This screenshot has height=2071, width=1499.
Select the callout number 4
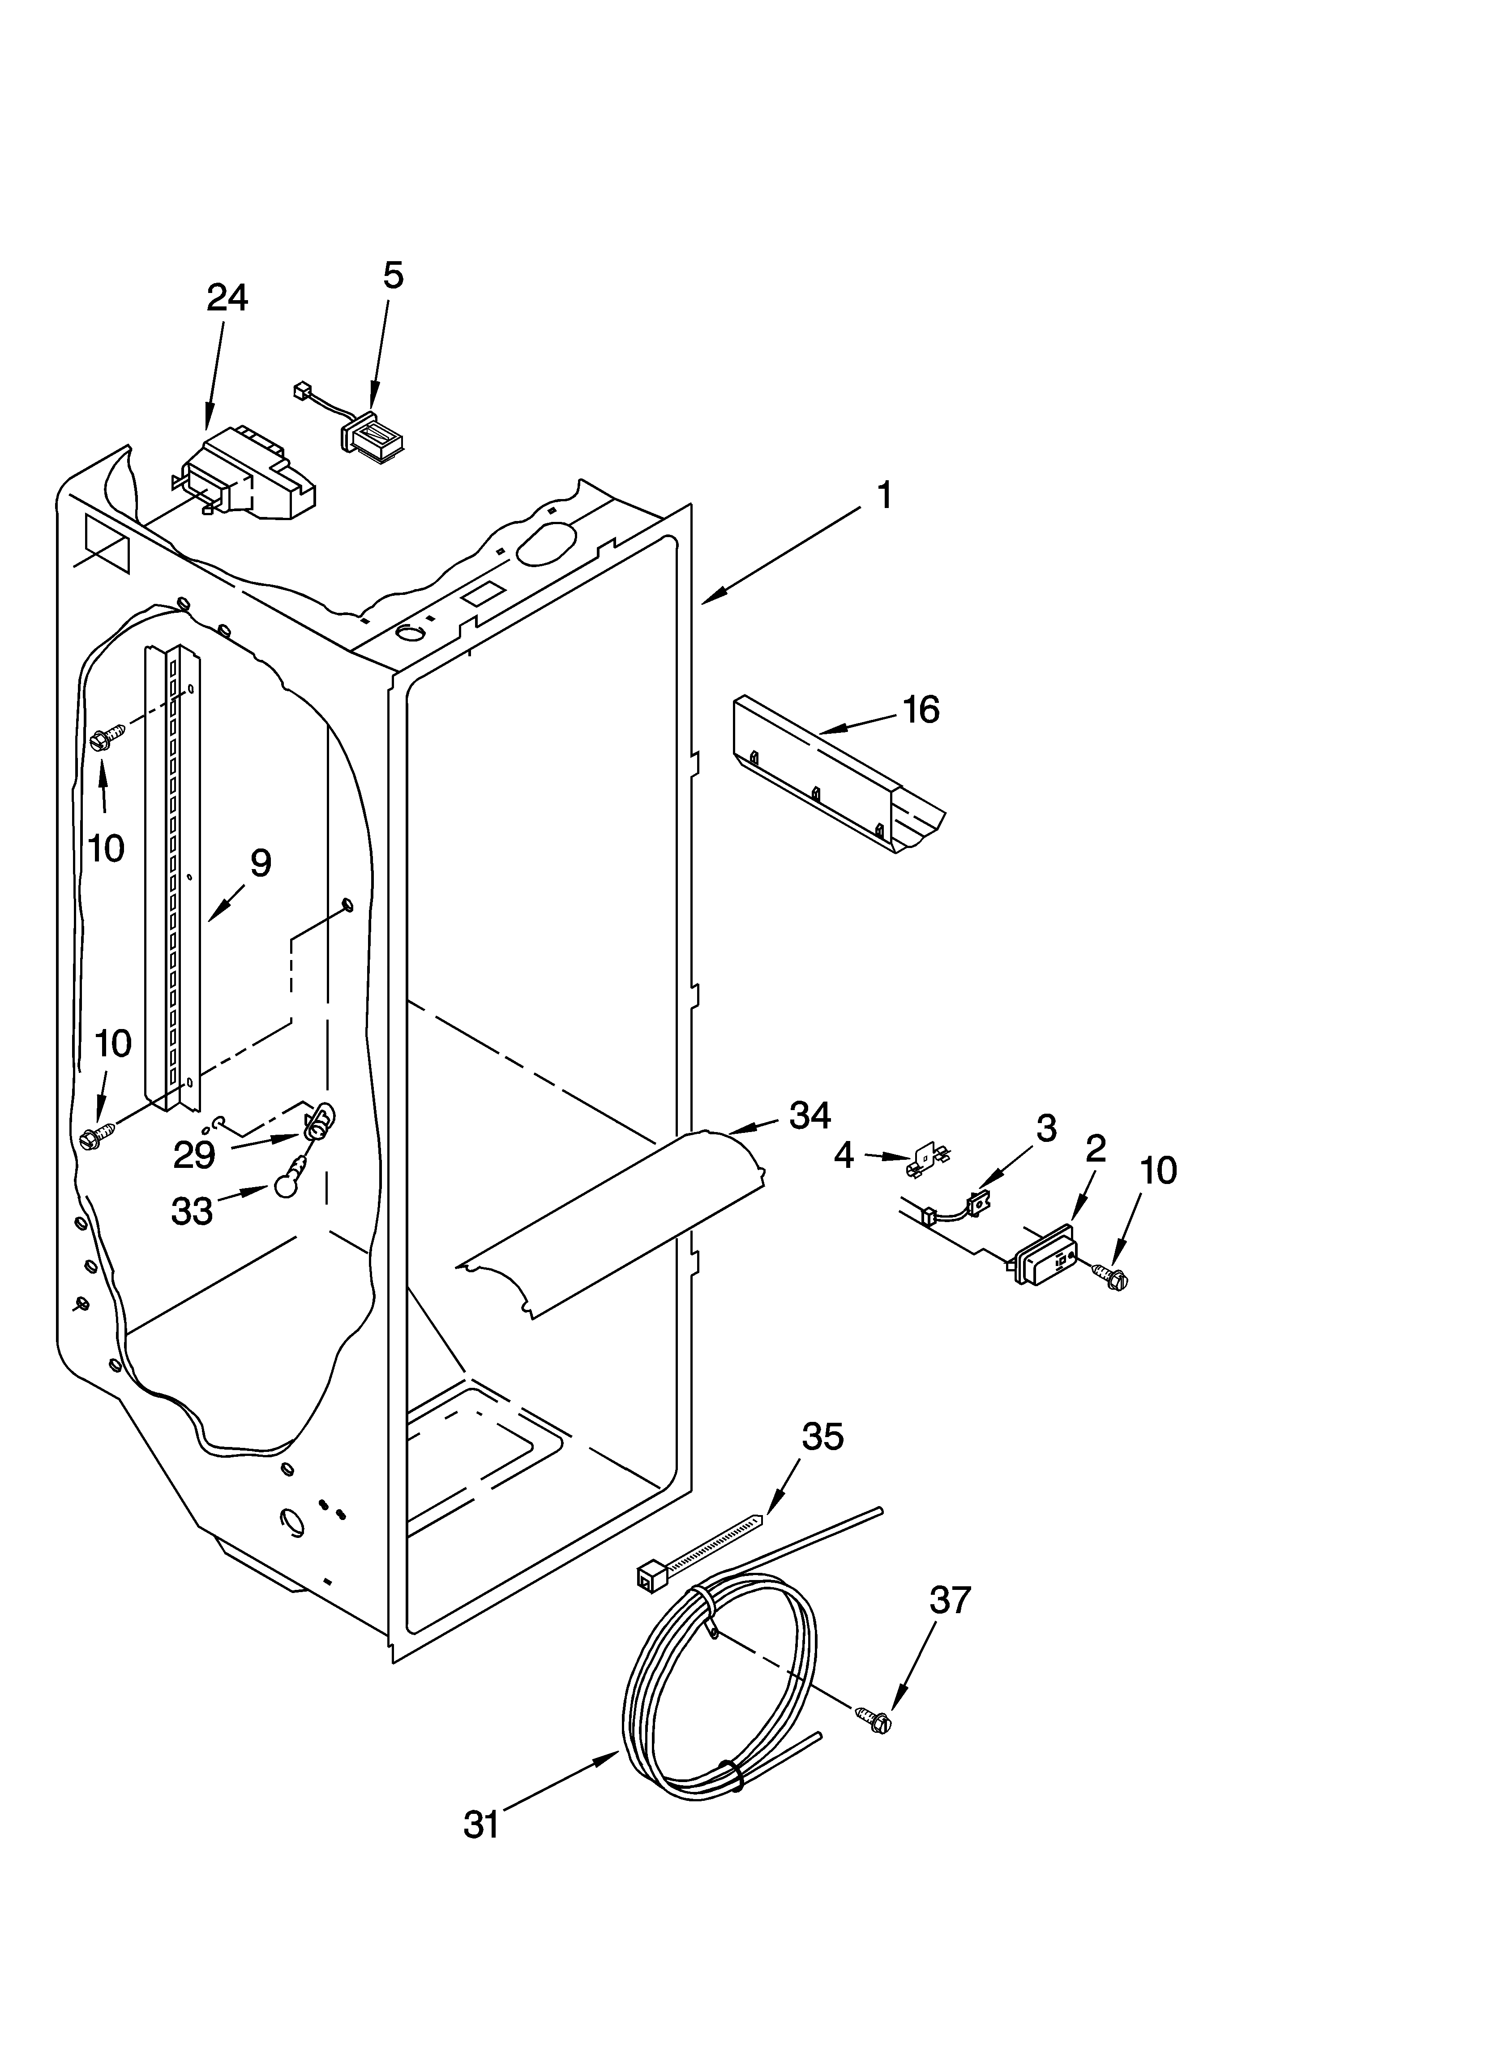tap(844, 1156)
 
